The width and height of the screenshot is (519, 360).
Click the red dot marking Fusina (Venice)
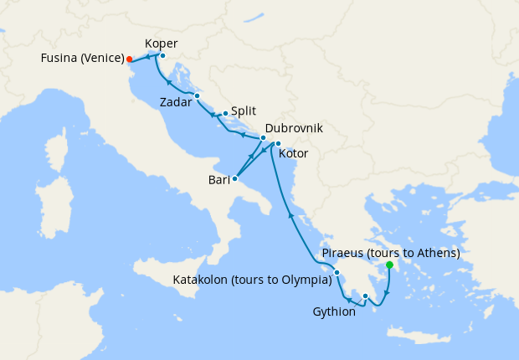129,59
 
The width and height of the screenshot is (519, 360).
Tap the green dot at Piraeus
389,265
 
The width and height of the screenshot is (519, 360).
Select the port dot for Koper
162,56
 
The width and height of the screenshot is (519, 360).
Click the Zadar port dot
197,95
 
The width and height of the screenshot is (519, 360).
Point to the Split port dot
225,112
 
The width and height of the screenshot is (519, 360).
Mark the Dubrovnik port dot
263,138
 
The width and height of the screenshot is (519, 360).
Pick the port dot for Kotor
278,144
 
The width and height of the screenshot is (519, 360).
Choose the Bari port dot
234,178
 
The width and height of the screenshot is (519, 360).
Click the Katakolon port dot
337,272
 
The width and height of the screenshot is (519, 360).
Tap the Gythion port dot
365,296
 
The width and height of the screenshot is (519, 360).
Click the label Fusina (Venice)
81,59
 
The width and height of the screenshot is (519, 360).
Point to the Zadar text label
176,103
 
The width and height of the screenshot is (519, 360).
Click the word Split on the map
243,111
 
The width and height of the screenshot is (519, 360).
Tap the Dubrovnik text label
294,128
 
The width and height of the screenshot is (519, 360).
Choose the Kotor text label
293,154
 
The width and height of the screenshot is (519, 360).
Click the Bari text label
219,179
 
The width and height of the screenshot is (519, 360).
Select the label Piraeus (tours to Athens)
391,253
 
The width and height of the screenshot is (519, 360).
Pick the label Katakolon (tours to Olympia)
252,280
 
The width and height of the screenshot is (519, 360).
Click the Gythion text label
334,311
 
